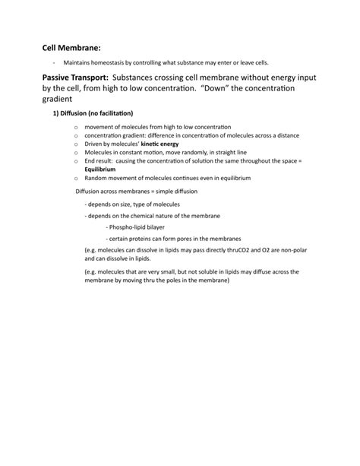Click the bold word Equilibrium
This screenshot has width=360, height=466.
click(x=100, y=169)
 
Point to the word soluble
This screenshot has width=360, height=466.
click(x=200, y=270)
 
